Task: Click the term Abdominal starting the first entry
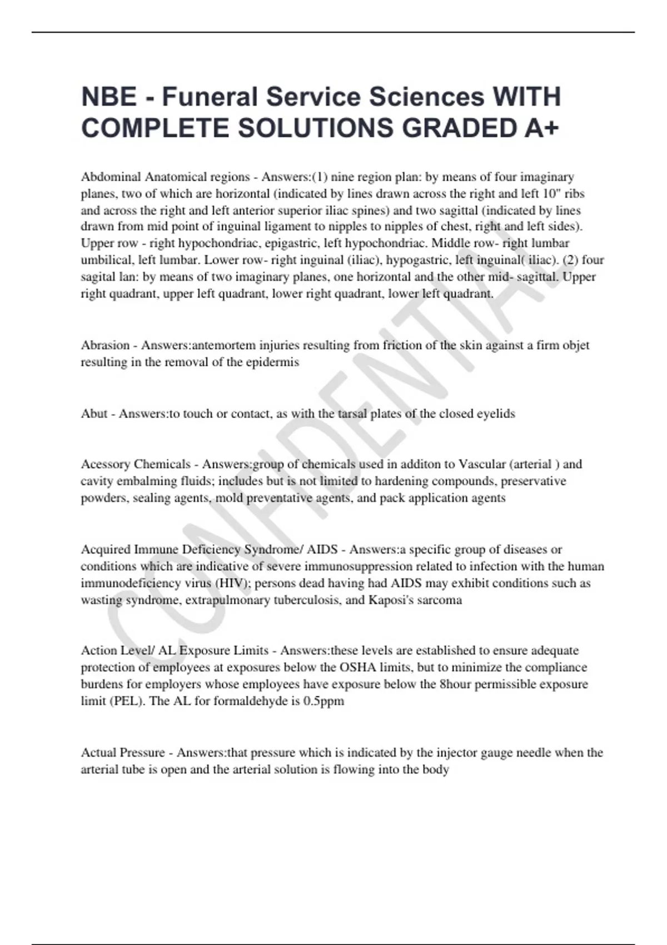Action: [x=110, y=177]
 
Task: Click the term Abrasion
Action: [x=105, y=345]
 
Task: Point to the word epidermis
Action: [x=272, y=362]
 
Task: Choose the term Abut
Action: [x=94, y=414]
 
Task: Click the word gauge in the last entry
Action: [x=497, y=753]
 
